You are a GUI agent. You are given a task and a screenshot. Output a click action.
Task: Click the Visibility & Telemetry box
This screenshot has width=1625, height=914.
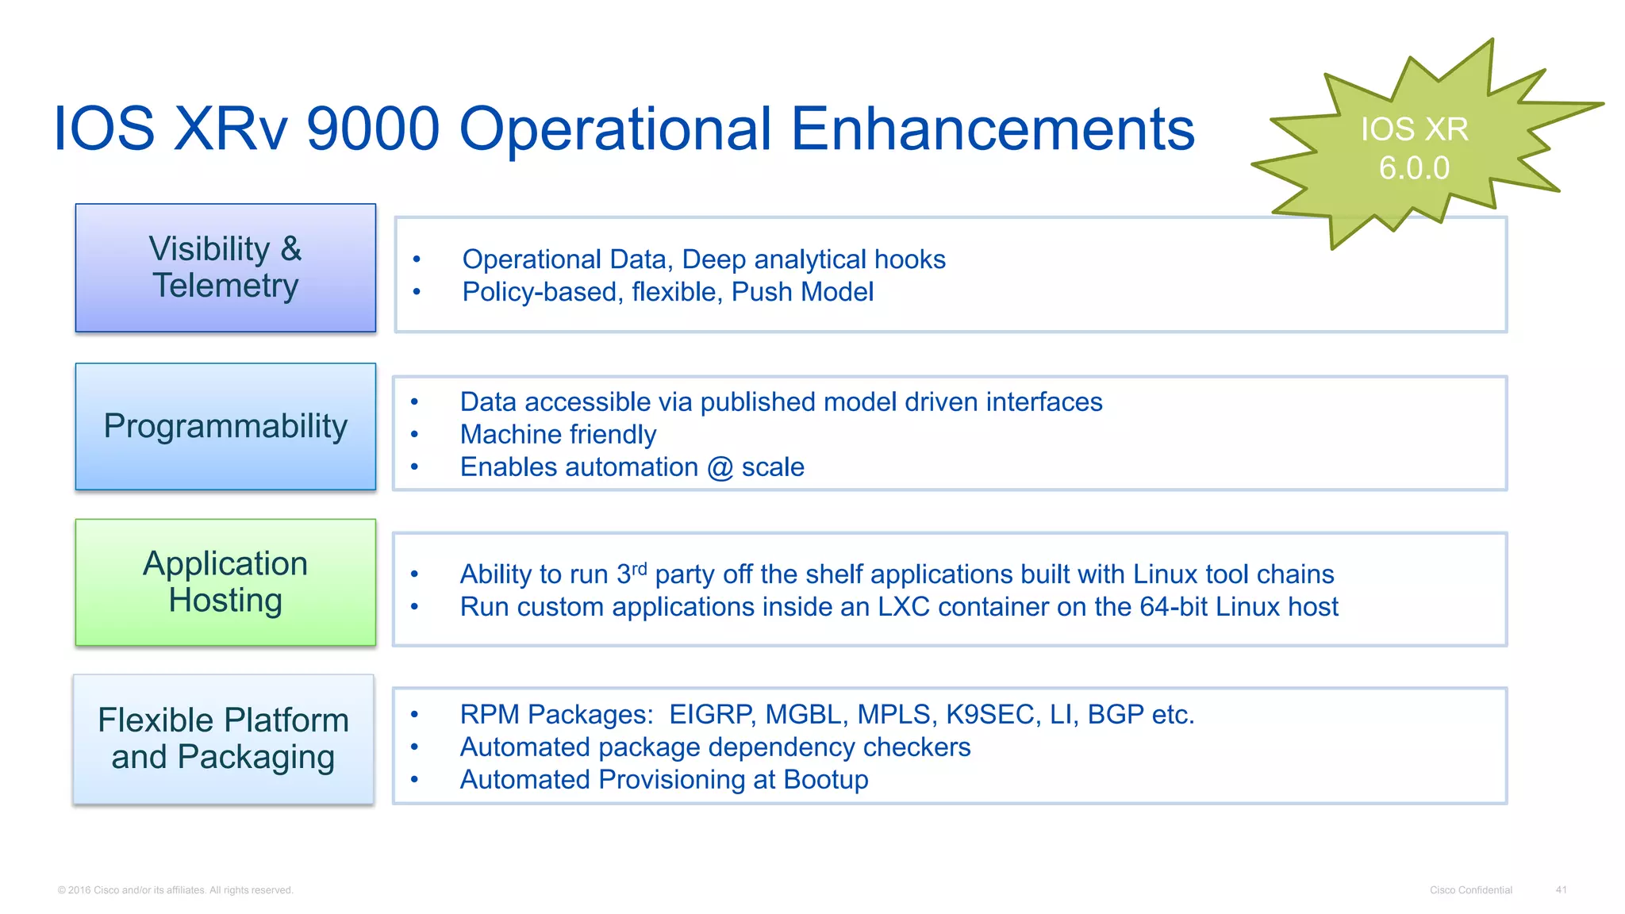point(225,267)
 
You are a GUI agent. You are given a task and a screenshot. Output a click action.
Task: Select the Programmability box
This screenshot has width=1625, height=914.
point(225,427)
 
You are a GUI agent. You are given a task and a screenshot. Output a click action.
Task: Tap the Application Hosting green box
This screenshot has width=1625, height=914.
point(225,582)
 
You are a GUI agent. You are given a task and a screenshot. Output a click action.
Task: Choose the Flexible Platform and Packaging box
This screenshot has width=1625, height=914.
point(224,739)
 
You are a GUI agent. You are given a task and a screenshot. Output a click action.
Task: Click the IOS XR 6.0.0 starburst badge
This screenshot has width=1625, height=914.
point(1414,148)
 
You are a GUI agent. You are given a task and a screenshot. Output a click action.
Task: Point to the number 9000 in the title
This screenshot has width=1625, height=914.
point(372,129)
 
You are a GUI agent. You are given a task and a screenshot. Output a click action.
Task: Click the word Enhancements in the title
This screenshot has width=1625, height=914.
point(993,129)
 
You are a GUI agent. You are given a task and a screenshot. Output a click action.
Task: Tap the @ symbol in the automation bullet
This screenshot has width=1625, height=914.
point(720,467)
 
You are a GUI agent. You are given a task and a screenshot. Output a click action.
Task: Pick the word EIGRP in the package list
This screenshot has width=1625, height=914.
point(710,715)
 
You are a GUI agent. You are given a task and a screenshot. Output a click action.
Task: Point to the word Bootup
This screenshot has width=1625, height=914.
point(826,780)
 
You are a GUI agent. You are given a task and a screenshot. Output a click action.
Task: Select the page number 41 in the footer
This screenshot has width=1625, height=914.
point(1561,890)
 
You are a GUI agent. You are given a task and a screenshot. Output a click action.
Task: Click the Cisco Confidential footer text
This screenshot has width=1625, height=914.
point(1470,890)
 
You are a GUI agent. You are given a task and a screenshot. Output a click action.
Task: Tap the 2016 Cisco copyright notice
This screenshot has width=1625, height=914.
point(175,890)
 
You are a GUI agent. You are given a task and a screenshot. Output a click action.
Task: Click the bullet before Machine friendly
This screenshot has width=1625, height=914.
point(414,435)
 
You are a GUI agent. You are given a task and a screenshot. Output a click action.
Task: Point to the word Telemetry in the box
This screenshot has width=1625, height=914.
point(225,286)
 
